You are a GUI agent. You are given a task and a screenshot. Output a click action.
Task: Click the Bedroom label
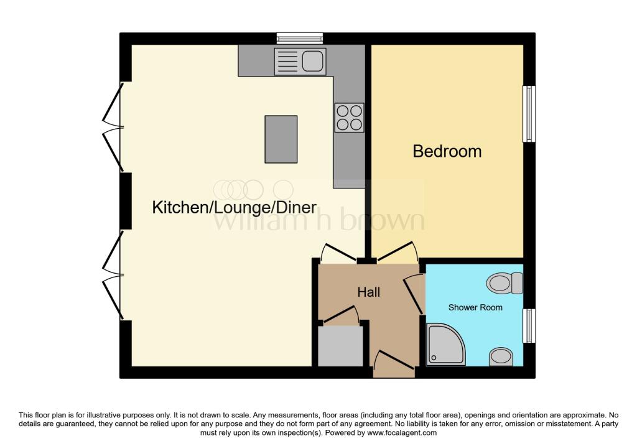pos(447,151)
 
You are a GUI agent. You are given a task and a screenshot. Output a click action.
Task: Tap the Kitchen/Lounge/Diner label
pos(235,208)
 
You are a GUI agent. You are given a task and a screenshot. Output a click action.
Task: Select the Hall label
pos(368,292)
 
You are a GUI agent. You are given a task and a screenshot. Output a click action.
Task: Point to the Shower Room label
pos(475,307)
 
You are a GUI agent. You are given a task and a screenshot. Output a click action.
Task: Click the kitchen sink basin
pos(312,62)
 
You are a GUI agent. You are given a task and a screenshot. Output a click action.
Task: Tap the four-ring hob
pos(349,118)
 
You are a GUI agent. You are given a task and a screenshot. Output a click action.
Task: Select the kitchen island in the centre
pos(280,139)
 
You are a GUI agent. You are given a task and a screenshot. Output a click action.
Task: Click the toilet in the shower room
pos(504,284)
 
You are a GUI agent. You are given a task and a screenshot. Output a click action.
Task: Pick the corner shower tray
pos(445,343)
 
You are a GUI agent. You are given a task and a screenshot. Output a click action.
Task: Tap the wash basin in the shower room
pos(501,356)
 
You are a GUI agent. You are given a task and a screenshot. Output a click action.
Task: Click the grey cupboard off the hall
pos(340,346)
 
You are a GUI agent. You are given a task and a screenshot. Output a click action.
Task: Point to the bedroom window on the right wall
pos(529,114)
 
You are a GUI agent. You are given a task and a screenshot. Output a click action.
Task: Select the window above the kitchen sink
pos(300,39)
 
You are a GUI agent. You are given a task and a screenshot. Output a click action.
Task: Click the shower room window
pos(529,325)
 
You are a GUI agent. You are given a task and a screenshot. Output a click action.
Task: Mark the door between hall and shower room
pos(414,292)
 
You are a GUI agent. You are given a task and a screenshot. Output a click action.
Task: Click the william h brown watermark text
pos(320,220)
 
